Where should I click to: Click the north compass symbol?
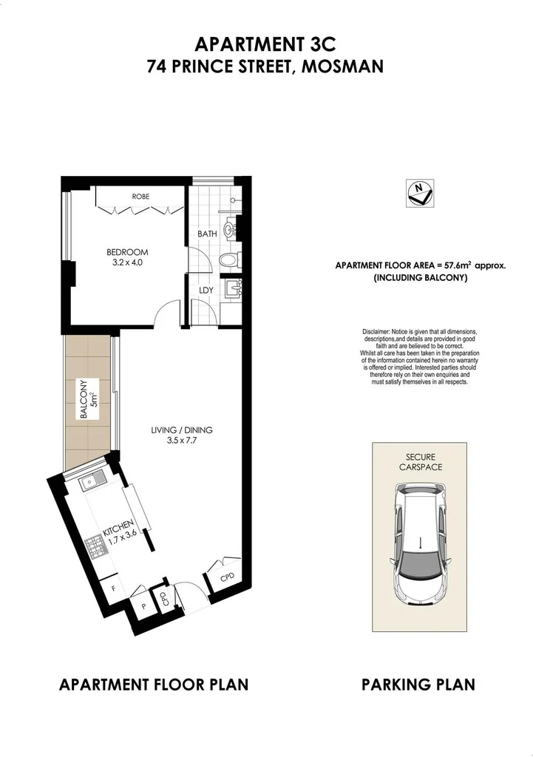[x=419, y=193]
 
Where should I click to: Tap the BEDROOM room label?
[x=128, y=251]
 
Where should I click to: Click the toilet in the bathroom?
[x=229, y=259]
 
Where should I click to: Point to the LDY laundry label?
[x=206, y=291]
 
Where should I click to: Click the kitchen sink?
[x=92, y=484]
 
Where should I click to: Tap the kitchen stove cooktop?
[x=95, y=547]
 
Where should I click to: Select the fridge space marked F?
[x=113, y=588]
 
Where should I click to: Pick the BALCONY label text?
[x=84, y=400]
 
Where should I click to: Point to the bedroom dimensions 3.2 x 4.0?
[x=128, y=262]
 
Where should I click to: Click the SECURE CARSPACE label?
[x=419, y=462]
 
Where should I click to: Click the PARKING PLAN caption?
[x=418, y=685]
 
